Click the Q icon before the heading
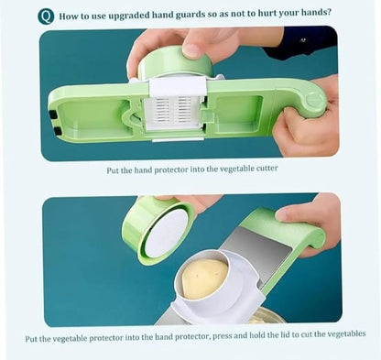(45, 16)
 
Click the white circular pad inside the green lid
(165, 235)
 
